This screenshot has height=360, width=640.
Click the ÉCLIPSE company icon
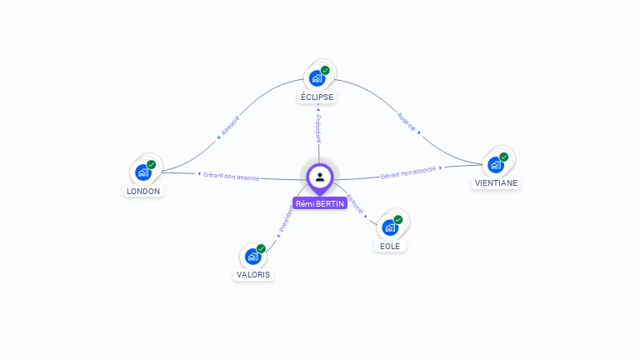click(317, 78)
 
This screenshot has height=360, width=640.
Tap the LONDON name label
click(143, 191)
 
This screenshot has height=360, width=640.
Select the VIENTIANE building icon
click(496, 164)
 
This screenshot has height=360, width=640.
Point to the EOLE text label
click(390, 246)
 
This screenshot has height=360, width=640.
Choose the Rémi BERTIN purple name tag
click(320, 203)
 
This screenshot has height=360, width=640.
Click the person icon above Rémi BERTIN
click(320, 177)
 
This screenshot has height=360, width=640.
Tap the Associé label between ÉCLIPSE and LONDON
click(230, 125)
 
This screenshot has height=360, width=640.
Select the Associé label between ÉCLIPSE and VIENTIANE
click(407, 123)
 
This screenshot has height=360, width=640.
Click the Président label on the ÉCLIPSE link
click(317, 127)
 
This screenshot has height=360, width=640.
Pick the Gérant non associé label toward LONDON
click(231, 176)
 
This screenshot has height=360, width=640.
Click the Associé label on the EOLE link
click(355, 204)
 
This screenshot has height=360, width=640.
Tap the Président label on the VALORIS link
click(286, 219)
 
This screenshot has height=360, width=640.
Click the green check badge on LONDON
click(152, 164)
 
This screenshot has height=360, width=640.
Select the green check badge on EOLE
click(398, 219)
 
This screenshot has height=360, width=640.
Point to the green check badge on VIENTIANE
click(504, 157)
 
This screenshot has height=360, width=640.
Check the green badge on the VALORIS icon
click(261, 248)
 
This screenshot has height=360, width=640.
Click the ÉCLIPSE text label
click(317, 97)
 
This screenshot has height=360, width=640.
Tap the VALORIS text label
click(253, 274)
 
